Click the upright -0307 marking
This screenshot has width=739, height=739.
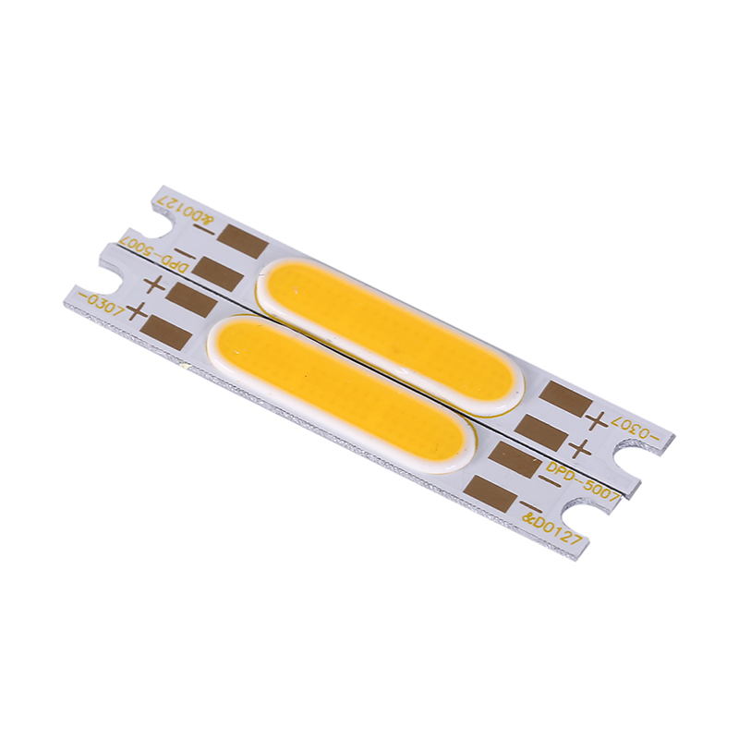tap(102, 307)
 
